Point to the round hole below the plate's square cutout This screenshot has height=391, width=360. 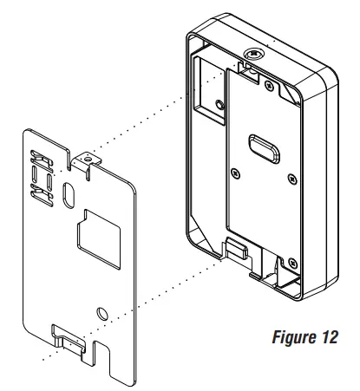[x=101, y=311]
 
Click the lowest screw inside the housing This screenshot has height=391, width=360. [x=292, y=261]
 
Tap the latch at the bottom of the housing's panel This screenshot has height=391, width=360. [x=235, y=249]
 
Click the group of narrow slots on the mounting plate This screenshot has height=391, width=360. [x=40, y=173]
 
